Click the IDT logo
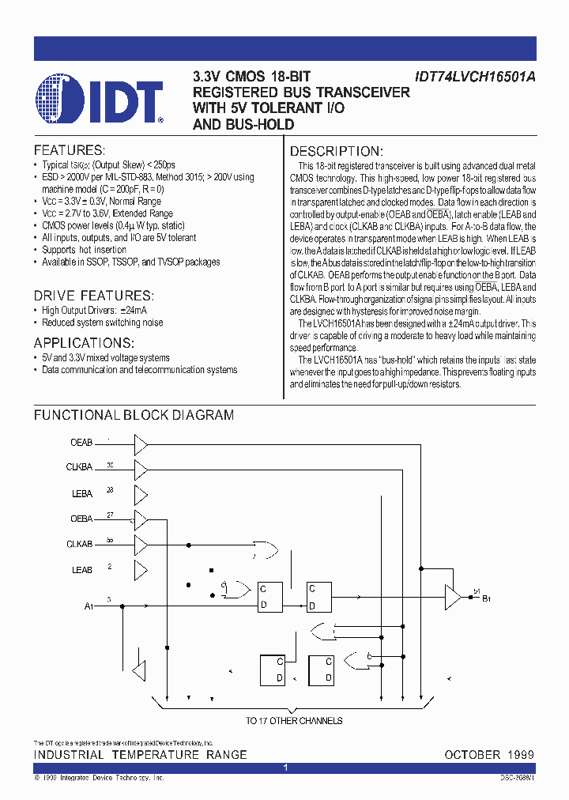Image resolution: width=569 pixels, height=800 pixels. point(99,99)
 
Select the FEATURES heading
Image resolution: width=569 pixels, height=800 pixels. point(69,150)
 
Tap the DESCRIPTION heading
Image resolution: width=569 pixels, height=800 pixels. point(337,152)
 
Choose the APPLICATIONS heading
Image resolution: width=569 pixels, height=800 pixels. point(84,343)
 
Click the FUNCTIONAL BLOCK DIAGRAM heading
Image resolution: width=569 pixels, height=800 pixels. point(134,415)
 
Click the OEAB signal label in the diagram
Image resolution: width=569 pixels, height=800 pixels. point(81,443)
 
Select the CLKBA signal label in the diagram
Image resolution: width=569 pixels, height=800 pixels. point(79,468)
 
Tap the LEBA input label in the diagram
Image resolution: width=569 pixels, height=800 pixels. point(82,494)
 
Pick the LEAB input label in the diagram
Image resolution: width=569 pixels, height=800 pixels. point(82,570)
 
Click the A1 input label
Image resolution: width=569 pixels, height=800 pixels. point(88,606)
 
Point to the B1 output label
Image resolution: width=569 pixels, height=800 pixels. point(487,598)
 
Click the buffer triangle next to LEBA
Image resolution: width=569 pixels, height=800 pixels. point(141,495)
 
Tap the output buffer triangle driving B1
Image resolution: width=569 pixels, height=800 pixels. point(453,594)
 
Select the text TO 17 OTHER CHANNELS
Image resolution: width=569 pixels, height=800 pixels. point(293,721)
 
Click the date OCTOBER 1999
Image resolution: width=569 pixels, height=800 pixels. point(489,755)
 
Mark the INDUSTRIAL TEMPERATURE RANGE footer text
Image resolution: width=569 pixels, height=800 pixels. point(140,755)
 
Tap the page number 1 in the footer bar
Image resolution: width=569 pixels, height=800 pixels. point(286,768)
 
